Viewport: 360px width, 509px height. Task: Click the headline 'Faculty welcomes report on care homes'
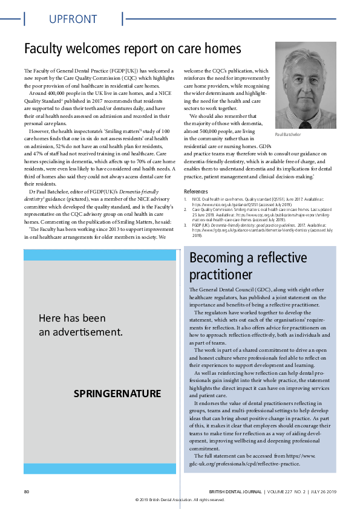(133, 48)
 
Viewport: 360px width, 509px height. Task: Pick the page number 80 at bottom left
(27, 491)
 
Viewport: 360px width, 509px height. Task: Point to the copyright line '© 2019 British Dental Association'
(180, 499)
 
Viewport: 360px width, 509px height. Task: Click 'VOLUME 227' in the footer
(280, 491)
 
